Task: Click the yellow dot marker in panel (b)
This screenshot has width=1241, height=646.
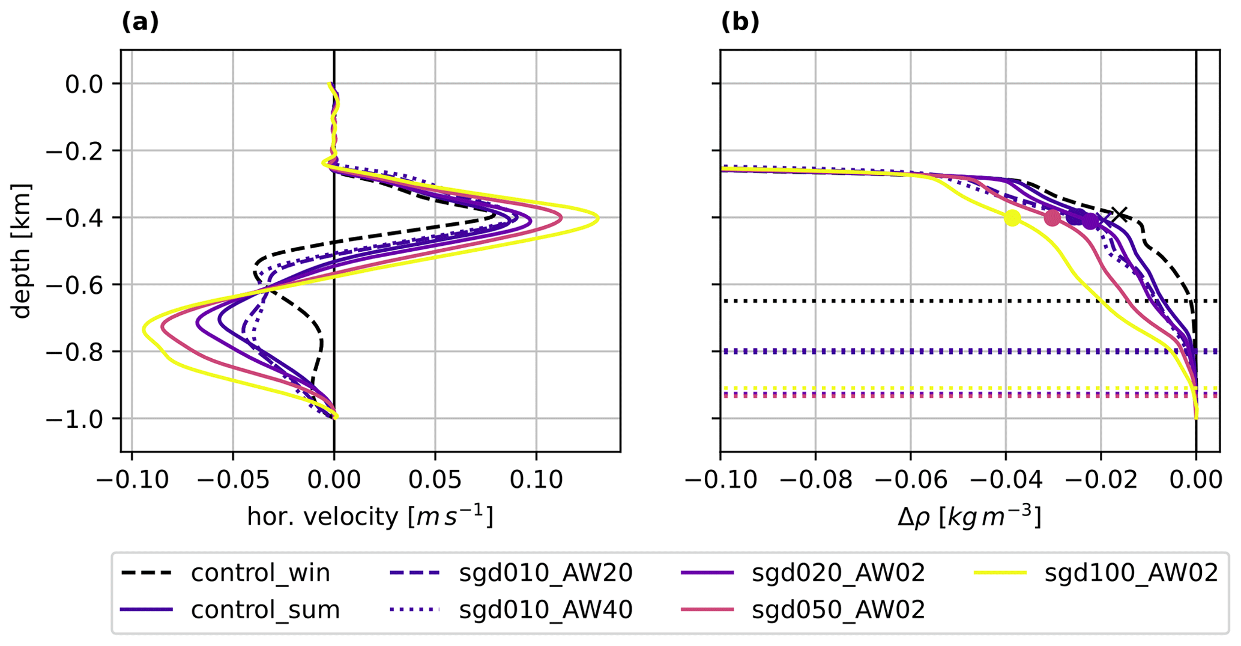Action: point(1012,218)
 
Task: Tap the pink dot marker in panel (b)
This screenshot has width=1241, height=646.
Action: point(1052,218)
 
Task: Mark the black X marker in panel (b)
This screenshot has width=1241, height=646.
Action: point(1119,215)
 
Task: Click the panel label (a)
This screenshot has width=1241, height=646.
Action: point(140,22)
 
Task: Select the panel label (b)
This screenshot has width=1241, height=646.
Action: point(740,22)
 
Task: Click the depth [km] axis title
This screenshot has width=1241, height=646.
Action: point(22,251)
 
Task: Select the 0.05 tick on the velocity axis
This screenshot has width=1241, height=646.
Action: point(435,480)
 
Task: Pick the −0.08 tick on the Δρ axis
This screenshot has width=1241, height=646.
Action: point(815,480)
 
